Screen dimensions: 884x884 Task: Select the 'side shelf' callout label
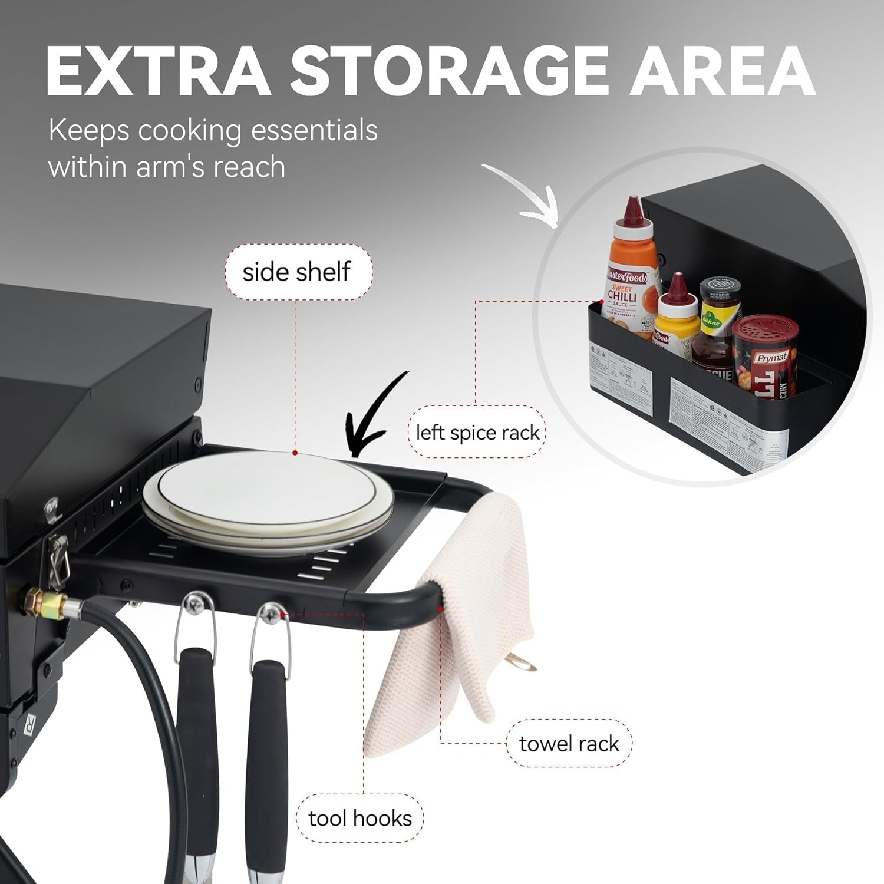click(x=297, y=272)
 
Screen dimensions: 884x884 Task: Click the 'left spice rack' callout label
click(x=477, y=433)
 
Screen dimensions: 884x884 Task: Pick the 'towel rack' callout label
click(x=569, y=744)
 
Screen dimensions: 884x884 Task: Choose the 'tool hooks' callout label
click(x=360, y=819)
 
